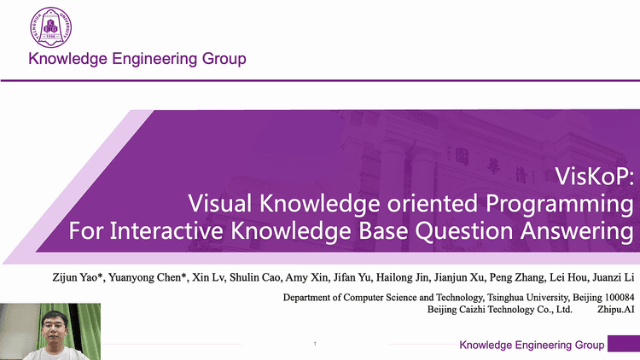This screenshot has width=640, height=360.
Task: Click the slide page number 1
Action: (315, 343)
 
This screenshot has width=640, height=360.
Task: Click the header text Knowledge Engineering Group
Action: (137, 59)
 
